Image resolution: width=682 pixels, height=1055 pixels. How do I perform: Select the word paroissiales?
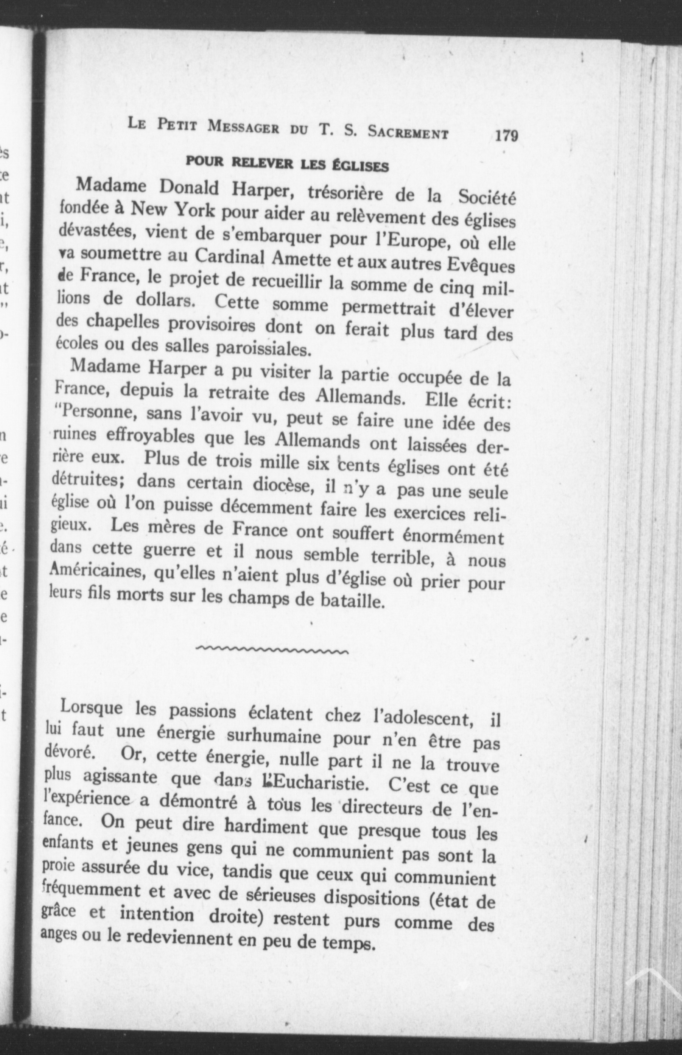pos(261,349)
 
